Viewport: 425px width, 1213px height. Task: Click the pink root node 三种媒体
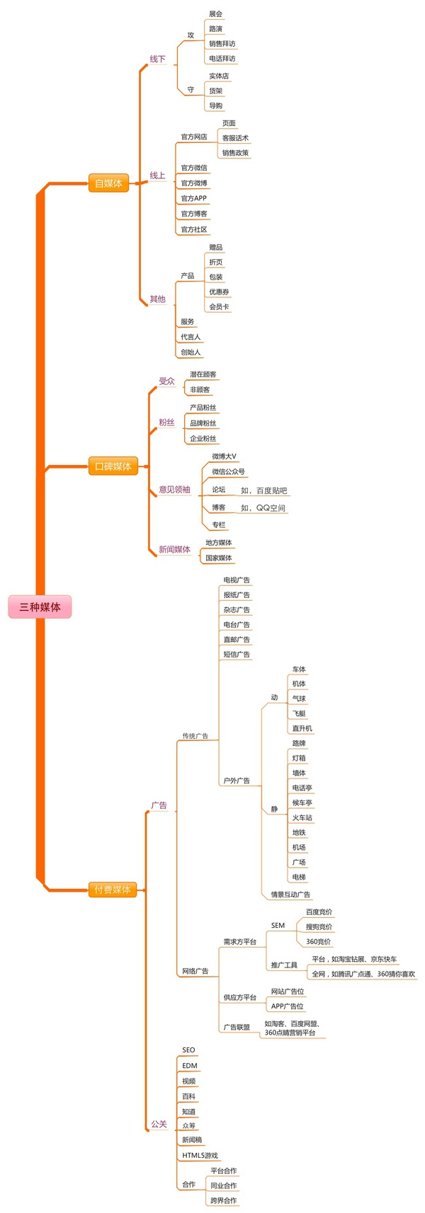(40, 606)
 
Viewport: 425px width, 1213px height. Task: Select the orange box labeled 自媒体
(108, 183)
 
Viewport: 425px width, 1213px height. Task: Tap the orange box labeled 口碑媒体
(113, 466)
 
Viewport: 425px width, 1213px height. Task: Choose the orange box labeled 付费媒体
(113, 890)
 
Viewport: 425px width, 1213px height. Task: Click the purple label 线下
(157, 59)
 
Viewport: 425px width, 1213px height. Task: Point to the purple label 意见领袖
(174, 489)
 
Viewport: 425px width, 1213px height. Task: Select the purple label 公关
(159, 1124)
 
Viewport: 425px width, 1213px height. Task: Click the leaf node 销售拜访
(222, 44)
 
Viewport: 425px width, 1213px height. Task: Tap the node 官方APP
(193, 198)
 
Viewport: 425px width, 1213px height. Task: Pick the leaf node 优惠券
(219, 292)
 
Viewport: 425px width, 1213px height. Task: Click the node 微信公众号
(228, 471)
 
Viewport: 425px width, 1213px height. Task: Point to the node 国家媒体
(218, 558)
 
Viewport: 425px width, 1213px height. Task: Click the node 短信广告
(237, 655)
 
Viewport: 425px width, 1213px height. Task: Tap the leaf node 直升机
(302, 728)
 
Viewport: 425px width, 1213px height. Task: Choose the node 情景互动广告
(290, 895)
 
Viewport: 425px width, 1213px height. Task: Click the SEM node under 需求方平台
(278, 925)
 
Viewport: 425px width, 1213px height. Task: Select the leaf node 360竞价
(318, 942)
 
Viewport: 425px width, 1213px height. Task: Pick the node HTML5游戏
(200, 1156)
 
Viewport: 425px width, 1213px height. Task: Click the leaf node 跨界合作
(223, 1200)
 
